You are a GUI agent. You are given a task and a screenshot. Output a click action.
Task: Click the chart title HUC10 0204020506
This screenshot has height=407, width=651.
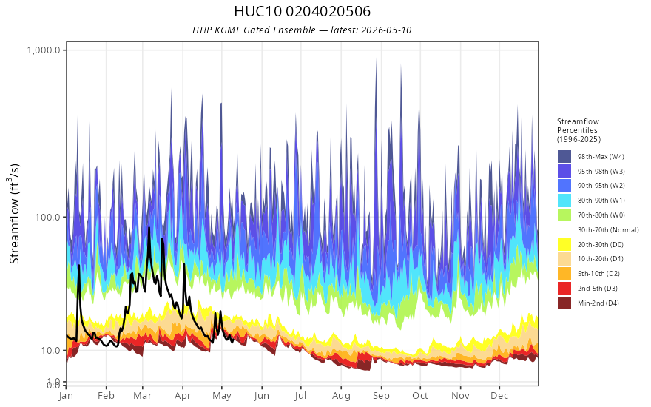pyautogui.click(x=303, y=11)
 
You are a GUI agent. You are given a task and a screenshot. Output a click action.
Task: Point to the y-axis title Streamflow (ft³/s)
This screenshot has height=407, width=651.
pyautogui.click(x=15, y=214)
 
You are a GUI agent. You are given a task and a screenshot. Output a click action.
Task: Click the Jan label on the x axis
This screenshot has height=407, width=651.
pyautogui.click(x=66, y=396)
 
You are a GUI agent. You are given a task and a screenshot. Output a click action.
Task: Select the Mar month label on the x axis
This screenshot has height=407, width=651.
pyautogui.click(x=142, y=396)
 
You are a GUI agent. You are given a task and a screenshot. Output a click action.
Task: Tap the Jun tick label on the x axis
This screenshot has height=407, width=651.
pyautogui.click(x=262, y=396)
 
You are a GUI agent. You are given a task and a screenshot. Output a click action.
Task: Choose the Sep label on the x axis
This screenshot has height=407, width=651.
pyautogui.click(x=381, y=396)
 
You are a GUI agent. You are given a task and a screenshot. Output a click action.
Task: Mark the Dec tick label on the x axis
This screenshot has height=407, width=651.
pyautogui.click(x=499, y=396)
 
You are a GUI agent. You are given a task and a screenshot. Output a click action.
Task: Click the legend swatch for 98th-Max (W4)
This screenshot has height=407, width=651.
pyautogui.click(x=564, y=157)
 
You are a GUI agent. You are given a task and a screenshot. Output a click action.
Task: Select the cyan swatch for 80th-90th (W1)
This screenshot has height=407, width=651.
pyautogui.click(x=564, y=201)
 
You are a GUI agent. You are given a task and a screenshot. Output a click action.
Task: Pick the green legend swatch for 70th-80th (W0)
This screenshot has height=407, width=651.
pyautogui.click(x=564, y=215)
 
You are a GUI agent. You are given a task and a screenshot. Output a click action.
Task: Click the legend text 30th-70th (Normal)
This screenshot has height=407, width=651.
pyautogui.click(x=608, y=229)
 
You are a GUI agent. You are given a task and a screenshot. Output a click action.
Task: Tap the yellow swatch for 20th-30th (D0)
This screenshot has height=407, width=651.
pyautogui.click(x=564, y=244)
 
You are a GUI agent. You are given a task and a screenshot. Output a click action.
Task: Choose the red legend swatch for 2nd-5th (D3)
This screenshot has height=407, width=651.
pyautogui.click(x=564, y=288)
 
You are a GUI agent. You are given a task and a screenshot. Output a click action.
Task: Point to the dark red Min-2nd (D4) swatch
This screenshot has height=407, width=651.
pyautogui.click(x=564, y=303)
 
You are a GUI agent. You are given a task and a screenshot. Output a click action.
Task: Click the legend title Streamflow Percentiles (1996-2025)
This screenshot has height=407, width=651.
pyautogui.click(x=579, y=130)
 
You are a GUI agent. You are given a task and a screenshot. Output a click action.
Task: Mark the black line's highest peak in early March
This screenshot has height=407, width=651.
pyautogui.click(x=149, y=228)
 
